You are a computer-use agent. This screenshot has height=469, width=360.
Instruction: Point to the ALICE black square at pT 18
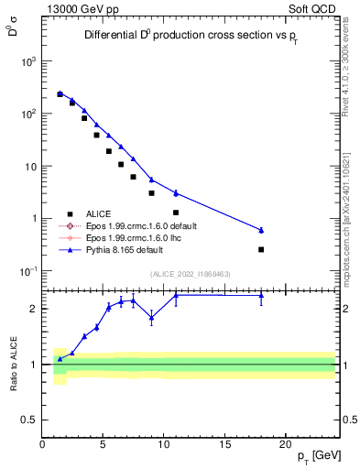[x=261, y=249]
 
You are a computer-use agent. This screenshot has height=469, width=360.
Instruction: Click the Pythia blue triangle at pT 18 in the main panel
[x=261, y=230]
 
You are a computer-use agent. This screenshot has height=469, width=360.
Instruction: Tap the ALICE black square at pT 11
[x=176, y=213]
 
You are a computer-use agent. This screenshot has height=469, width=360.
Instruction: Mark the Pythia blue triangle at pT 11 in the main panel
[x=176, y=193]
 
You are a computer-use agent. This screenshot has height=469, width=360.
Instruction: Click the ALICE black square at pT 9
[x=151, y=193]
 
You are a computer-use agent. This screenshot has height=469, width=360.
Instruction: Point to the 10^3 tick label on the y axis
[x=27, y=61]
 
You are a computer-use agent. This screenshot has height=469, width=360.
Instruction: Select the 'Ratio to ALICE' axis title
[x=12, y=364]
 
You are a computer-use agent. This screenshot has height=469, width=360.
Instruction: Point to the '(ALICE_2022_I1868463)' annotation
[x=191, y=274]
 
